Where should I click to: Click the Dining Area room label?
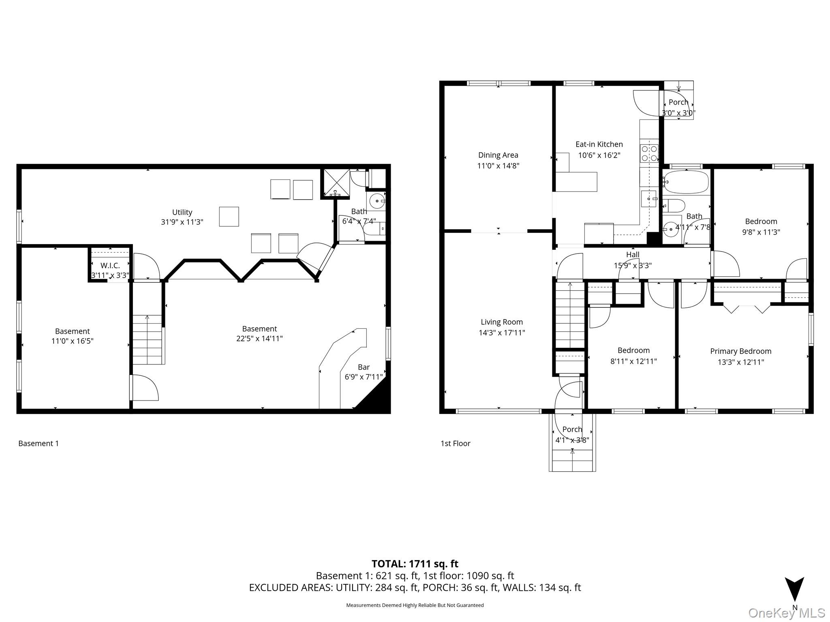click(x=498, y=155)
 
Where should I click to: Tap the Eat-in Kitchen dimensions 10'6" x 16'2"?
click(x=599, y=155)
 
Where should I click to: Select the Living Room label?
click(x=502, y=322)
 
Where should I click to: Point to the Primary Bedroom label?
click(x=740, y=351)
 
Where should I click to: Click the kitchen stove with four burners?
click(x=649, y=153)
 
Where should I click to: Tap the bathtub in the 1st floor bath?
click(x=686, y=182)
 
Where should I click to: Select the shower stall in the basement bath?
click(x=336, y=183)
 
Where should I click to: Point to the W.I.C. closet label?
click(x=110, y=266)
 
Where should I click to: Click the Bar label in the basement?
click(x=364, y=367)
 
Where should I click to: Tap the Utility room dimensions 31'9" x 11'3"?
click(x=182, y=222)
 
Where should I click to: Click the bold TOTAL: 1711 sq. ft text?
click(x=415, y=564)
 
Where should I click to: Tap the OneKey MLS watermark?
click(x=786, y=613)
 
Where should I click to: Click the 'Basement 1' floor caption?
click(x=39, y=443)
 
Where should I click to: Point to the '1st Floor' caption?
click(x=455, y=443)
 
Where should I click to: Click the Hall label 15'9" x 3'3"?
click(x=633, y=260)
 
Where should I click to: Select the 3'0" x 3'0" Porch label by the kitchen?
click(x=678, y=108)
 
